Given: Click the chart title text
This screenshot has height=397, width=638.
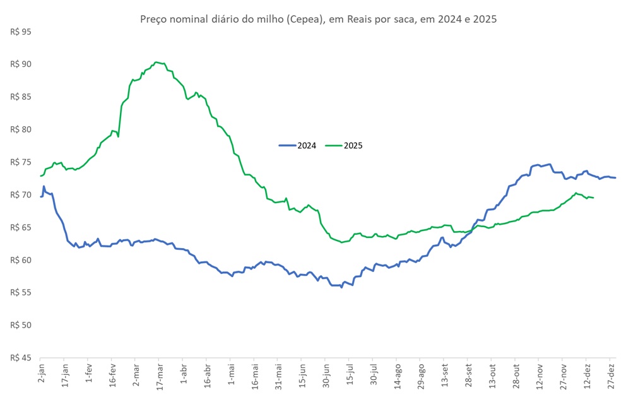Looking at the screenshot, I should click(x=319, y=19).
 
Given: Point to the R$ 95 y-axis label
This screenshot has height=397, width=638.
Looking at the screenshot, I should click(x=21, y=32).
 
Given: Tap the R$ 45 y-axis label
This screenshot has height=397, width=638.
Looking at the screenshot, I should click(x=21, y=358).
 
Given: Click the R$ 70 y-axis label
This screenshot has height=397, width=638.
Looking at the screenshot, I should click(x=21, y=194).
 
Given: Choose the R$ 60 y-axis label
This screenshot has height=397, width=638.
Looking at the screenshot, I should click(x=21, y=260).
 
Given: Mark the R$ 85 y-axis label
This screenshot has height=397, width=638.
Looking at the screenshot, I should click(x=21, y=97).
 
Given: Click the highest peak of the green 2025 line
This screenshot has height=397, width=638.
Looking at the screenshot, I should click(x=157, y=62).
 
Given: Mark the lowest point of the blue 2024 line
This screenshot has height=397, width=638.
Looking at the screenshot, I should click(x=341, y=287).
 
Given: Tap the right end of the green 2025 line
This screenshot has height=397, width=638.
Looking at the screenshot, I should click(x=593, y=198).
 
